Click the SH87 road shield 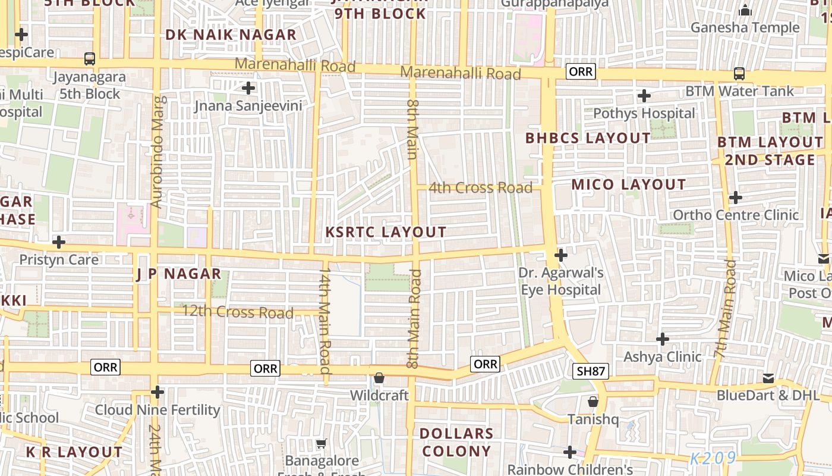591,372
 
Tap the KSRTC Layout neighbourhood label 386,232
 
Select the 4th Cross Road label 480,188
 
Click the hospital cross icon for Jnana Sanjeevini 248,89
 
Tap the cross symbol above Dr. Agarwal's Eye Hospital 560,256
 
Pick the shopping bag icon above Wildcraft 379,378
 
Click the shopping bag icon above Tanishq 593,402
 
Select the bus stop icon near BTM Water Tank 739,73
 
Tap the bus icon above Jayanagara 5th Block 90,59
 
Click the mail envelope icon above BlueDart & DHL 768,378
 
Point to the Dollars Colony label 456,442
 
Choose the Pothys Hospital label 644,113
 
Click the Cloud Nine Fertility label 157,410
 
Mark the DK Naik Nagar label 231,35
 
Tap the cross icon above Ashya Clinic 662,339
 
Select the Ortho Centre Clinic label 736,215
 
